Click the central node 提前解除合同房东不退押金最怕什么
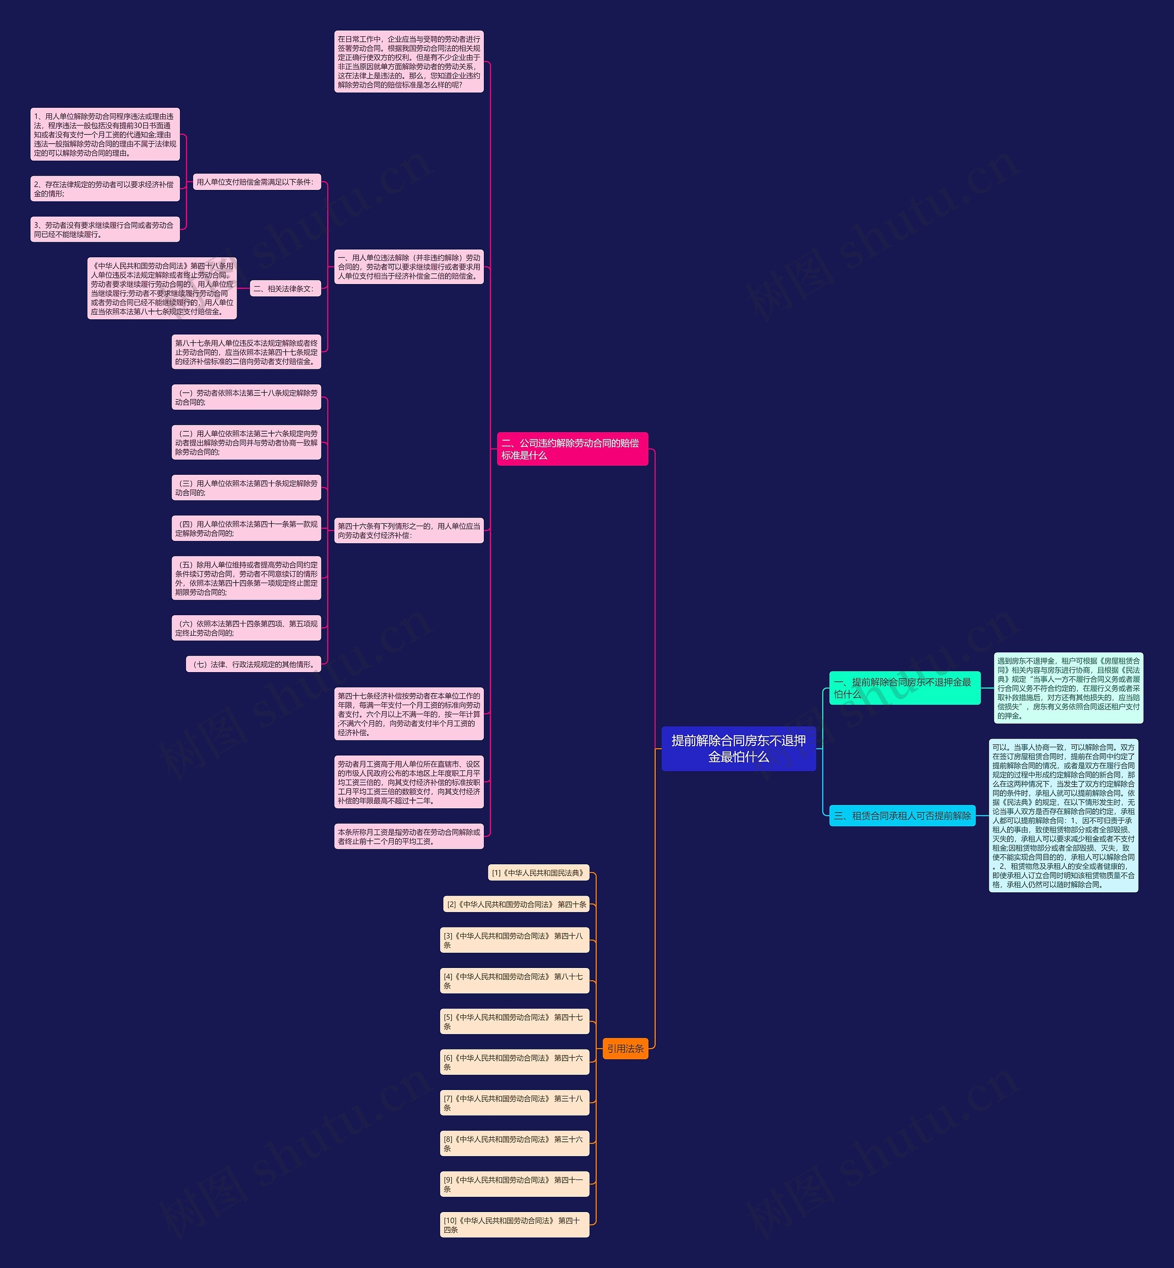pyautogui.click(x=738, y=748)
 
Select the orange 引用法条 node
pyautogui.click(x=625, y=1049)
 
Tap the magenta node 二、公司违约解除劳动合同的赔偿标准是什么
pyautogui.click(x=572, y=449)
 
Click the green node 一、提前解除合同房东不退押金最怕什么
pyautogui.click(x=904, y=688)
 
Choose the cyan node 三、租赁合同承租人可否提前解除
pyautogui.click(x=902, y=816)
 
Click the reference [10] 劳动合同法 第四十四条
pyautogui.click(x=515, y=1225)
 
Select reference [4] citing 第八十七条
pyautogui.click(x=515, y=981)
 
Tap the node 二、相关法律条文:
pyautogui.click(x=285, y=289)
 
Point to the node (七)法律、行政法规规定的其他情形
pyautogui.click(x=253, y=664)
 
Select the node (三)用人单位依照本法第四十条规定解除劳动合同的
pyautogui.click(x=246, y=488)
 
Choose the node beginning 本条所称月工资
pyautogui.click(x=409, y=836)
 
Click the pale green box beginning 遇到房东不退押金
pyautogui.click(x=1068, y=688)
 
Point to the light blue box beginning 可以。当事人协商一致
pyautogui.click(x=1063, y=816)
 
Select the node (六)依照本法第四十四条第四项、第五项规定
pyautogui.click(x=246, y=628)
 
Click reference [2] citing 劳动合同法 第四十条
pyautogui.click(x=516, y=905)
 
